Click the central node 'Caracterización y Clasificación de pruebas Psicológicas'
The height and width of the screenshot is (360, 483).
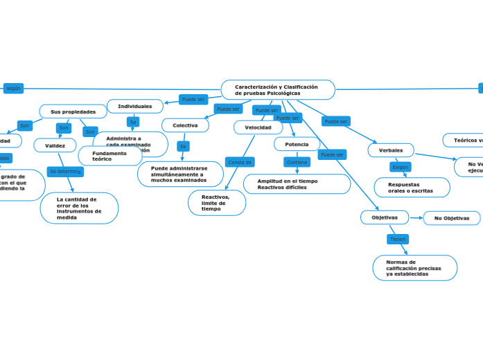[277, 90]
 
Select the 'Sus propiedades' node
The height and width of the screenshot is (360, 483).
[73, 111]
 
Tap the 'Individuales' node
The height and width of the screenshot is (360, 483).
[135, 106]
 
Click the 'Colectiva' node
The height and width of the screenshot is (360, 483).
[185, 125]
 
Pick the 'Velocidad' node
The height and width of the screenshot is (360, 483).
[258, 127]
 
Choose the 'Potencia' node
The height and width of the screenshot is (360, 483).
[297, 144]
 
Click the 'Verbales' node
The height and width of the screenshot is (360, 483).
[391, 150]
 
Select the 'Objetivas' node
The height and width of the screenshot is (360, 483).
[385, 217]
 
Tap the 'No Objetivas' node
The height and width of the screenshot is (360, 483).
[452, 218]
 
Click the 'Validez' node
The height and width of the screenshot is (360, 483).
[55, 145]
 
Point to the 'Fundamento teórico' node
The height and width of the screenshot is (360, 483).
[109, 156]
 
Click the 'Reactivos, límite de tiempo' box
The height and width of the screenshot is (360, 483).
[216, 203]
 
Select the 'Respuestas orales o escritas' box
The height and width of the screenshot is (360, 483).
[412, 188]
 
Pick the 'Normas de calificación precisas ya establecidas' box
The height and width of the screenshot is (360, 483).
[414, 268]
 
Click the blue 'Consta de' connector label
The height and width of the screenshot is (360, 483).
[240, 162]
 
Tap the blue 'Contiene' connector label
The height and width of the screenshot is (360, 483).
[297, 162]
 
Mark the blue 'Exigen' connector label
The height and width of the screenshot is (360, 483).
[400, 167]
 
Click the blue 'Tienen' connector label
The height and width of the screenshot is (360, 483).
[398, 239]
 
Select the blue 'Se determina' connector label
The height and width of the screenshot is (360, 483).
[65, 171]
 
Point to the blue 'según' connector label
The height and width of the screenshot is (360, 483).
[13, 88]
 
